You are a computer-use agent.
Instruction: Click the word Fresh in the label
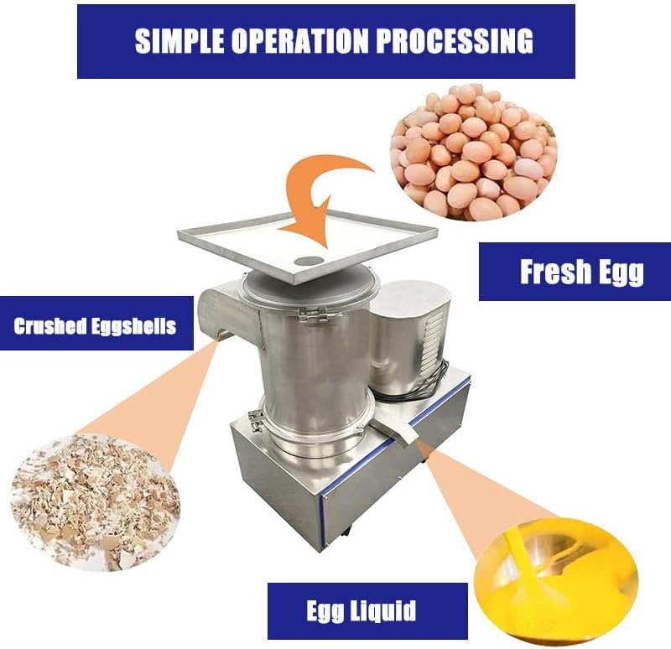[551, 272]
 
